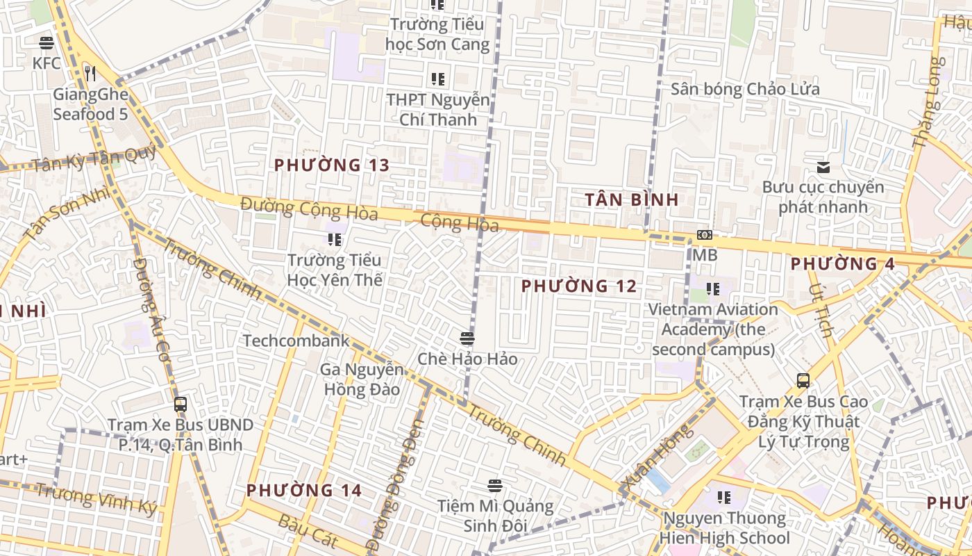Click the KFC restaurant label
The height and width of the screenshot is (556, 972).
click(47, 63)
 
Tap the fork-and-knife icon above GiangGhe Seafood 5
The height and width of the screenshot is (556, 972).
click(90, 72)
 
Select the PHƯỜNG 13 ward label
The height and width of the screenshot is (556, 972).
click(331, 165)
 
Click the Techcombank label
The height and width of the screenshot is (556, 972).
click(296, 341)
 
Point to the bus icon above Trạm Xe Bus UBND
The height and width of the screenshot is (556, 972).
click(181, 404)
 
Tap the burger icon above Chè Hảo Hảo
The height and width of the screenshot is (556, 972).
click(467, 338)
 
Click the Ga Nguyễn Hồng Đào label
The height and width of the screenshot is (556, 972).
click(362, 379)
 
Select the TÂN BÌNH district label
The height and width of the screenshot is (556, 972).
click(631, 200)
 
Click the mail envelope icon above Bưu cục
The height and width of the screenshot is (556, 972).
click(823, 167)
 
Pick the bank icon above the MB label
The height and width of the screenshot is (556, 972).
click(704, 235)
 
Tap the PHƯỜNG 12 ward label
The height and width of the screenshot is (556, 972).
click(579, 286)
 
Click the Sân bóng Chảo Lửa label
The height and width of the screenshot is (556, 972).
click(745, 89)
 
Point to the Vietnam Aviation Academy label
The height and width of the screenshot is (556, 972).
click(713, 329)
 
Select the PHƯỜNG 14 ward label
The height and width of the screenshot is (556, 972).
click(304, 491)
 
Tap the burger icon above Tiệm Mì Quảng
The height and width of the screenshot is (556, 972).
click(495, 485)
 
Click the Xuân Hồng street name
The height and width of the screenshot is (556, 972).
click(647, 457)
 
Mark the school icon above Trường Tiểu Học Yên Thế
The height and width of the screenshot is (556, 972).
click(335, 240)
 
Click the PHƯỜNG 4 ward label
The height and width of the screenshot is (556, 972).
click(842, 264)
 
